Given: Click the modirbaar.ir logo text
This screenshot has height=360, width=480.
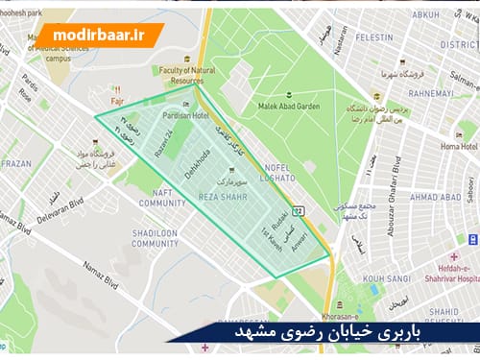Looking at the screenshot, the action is [x=96, y=36].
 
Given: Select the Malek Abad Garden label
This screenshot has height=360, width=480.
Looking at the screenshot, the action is [x=282, y=107].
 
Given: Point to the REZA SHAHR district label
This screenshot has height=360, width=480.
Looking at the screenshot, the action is [x=223, y=196].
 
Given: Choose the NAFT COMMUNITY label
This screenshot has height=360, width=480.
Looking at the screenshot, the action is [x=162, y=199].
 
